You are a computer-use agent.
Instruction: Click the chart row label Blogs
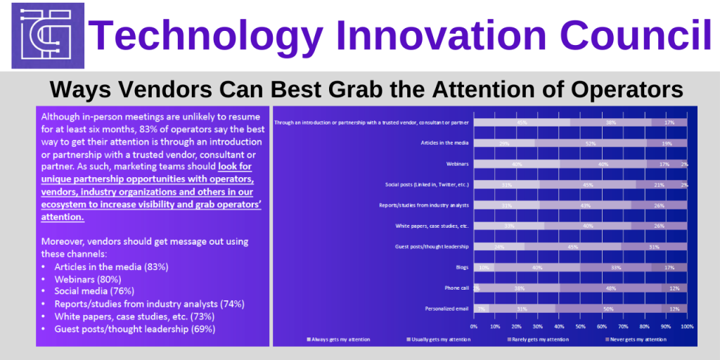461,267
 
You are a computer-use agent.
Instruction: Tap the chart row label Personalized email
446,308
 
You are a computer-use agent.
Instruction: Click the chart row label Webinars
456,164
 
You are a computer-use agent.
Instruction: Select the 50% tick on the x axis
580,326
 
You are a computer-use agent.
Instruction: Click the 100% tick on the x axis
686,326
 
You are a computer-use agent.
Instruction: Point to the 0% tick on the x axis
474,326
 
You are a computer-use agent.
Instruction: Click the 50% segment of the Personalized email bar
608,308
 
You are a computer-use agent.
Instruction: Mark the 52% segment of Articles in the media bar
591,143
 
